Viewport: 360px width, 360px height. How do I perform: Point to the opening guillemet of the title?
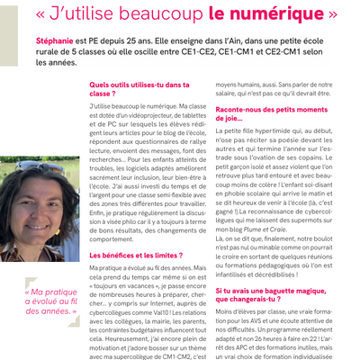42,15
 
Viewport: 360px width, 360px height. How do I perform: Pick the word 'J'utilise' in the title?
86,15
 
